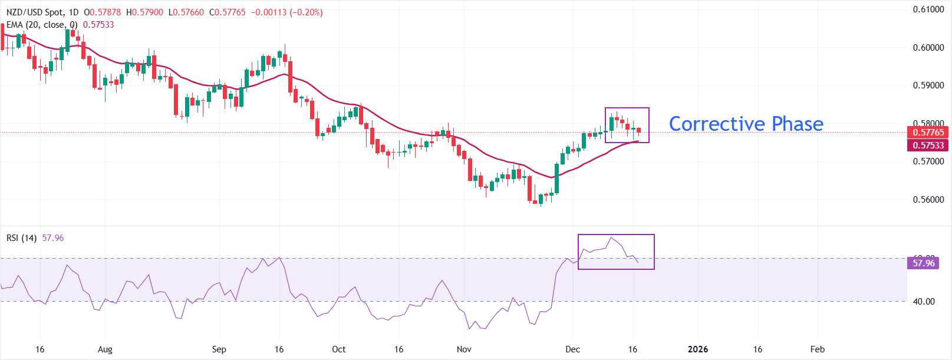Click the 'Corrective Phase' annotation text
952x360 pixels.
[x=746, y=124]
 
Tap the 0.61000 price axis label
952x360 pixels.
[x=928, y=9]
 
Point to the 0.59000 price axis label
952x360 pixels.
[x=928, y=85]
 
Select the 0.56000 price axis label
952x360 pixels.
[x=928, y=200]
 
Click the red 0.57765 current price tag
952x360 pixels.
[x=928, y=133]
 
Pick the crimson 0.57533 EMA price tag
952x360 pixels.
[x=928, y=146]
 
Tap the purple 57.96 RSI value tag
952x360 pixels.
[x=923, y=263]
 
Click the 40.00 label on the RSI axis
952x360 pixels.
[x=923, y=302]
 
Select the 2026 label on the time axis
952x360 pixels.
[x=698, y=349]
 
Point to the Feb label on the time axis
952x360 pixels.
[x=817, y=349]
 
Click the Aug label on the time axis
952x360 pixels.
[x=105, y=349]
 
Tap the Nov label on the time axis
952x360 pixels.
[x=464, y=349]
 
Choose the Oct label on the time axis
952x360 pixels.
[x=338, y=349]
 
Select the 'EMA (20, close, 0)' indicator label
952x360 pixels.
[x=42, y=25]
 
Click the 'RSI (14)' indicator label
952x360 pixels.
[x=21, y=238]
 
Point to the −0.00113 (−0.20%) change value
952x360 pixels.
[x=286, y=12]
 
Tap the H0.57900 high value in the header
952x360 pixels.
[x=144, y=12]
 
